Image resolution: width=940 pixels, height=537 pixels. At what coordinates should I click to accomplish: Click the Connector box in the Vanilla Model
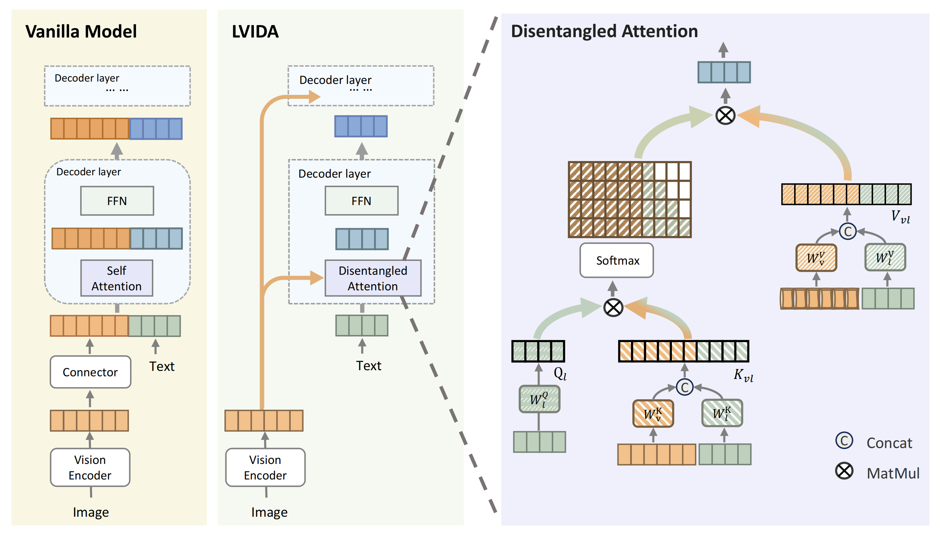(x=90, y=372)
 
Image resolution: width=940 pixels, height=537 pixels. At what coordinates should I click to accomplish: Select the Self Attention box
(x=116, y=278)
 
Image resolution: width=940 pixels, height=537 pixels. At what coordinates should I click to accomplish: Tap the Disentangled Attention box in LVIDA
(x=373, y=278)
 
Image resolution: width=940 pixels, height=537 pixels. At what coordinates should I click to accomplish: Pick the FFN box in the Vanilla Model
(x=117, y=201)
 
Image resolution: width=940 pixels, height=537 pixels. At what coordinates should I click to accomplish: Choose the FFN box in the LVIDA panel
(x=361, y=201)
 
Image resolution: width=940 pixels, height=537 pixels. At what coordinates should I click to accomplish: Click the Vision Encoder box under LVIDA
(x=265, y=467)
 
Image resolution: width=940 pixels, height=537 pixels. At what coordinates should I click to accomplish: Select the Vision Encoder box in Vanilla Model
(x=90, y=467)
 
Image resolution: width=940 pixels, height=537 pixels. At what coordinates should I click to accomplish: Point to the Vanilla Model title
(x=81, y=31)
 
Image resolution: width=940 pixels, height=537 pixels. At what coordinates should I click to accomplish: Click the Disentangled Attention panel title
(x=604, y=31)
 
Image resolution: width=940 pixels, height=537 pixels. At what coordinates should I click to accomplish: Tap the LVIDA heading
(x=255, y=31)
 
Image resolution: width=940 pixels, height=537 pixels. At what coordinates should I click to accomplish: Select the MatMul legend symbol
(x=844, y=471)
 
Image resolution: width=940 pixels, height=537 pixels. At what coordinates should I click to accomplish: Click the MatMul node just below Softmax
(x=613, y=308)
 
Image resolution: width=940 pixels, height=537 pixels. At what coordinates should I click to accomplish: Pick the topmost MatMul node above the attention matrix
(x=725, y=115)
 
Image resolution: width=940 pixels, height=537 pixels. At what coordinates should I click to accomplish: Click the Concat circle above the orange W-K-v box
(x=684, y=387)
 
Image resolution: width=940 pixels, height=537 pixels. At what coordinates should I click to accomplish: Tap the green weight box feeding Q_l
(x=539, y=399)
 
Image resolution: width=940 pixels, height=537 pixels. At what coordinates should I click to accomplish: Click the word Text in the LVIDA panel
(x=368, y=365)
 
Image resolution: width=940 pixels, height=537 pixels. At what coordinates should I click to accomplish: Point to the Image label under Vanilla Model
(x=91, y=512)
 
